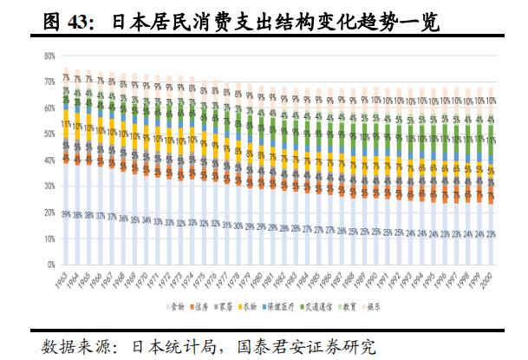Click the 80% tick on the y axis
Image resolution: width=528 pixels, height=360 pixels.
pyautogui.click(x=50, y=56)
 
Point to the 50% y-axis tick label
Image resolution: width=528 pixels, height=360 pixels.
pyautogui.click(x=50, y=134)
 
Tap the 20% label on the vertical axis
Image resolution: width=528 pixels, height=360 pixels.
pyautogui.click(x=50, y=213)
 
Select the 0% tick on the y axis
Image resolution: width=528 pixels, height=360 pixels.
pyautogui.click(x=52, y=265)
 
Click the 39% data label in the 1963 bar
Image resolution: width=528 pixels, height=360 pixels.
pyautogui.click(x=66, y=213)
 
